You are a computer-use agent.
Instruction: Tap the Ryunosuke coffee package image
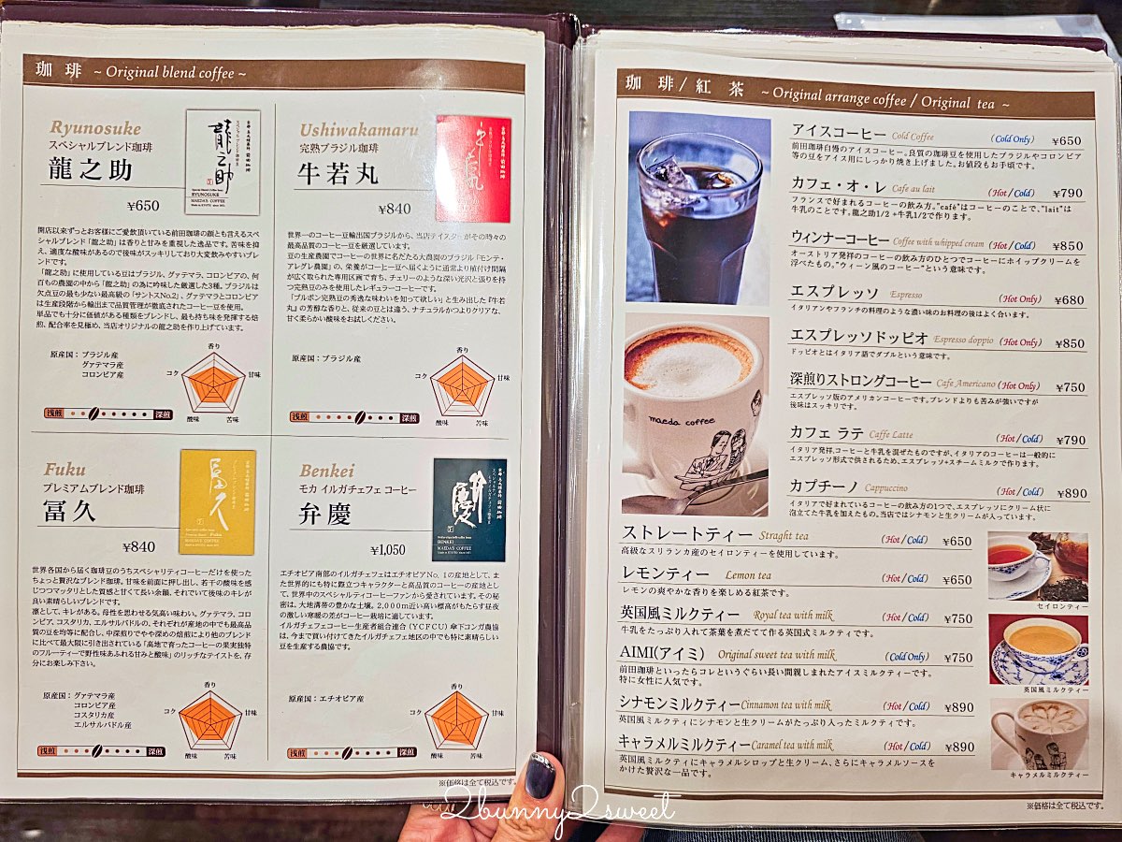pos(223,163)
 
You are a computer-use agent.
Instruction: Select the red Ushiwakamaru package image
pos(473,168)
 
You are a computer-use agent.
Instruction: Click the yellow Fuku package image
pos(217,501)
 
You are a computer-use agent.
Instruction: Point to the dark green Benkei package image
pos(468,510)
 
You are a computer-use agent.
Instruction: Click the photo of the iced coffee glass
pos(697,208)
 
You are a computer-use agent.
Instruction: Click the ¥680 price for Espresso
pos(1069,300)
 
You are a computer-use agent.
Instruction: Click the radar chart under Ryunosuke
pos(213,383)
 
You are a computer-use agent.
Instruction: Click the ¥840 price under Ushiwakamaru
pos(395,209)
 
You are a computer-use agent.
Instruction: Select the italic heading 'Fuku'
pos(65,470)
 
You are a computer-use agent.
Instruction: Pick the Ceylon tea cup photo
pos(1037,565)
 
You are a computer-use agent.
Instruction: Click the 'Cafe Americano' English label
pos(965,385)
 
